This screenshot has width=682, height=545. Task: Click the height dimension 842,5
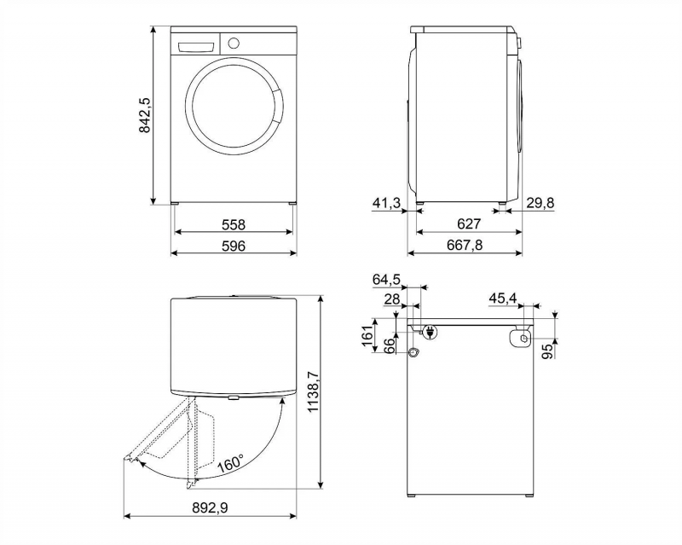[145, 115]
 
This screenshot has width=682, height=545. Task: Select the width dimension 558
[234, 224]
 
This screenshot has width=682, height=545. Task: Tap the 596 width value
[234, 246]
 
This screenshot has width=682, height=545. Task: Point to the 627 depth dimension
[469, 223]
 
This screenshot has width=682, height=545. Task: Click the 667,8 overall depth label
[465, 245]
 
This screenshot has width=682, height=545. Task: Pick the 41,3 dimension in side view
[387, 203]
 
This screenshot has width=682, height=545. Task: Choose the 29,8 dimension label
[540, 202]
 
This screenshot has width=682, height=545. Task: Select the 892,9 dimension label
[210, 507]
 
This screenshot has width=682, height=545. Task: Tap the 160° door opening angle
[231, 463]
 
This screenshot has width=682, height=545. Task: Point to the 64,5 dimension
[386, 280]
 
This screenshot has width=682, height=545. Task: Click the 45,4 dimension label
[503, 299]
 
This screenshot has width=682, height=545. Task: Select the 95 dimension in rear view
[549, 351]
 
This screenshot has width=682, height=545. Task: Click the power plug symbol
[431, 332]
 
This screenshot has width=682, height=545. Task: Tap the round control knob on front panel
[234, 43]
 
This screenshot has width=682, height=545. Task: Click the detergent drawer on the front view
[196, 47]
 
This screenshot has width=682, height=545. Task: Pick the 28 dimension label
[392, 299]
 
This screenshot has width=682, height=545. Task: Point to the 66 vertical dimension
[390, 345]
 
